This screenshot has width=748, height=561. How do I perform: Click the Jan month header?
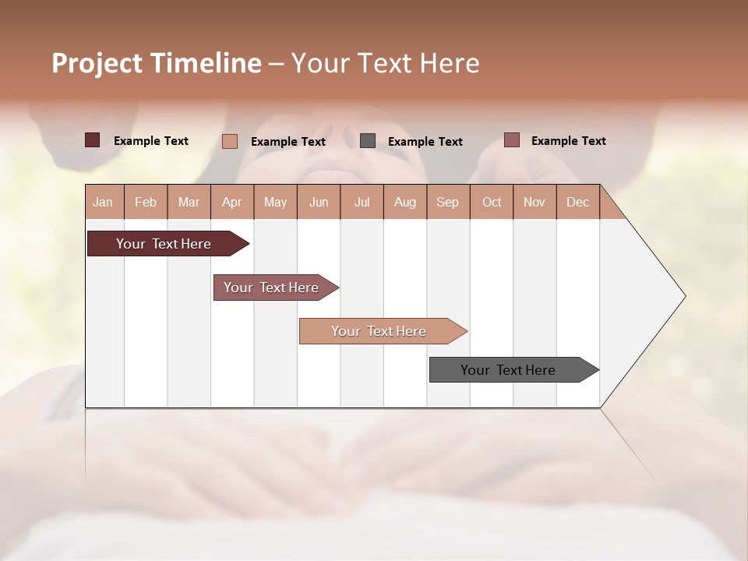pos(104,202)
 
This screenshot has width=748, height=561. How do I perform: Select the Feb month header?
pos(146,202)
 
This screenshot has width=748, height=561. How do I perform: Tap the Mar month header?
pos(189,202)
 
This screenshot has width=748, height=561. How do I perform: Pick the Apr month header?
pos(232,202)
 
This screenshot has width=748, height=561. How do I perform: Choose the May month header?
pos(275,202)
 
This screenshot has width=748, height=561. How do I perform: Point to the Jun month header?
pos(319,202)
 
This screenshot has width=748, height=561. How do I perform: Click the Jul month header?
pos(362,202)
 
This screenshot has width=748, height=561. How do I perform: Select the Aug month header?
pos(405,202)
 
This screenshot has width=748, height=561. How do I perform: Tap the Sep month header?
pos(448,202)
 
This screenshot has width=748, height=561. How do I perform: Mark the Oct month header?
pos(492,202)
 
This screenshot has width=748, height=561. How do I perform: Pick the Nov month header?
pos(535,202)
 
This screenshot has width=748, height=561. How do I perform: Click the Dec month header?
pos(578,202)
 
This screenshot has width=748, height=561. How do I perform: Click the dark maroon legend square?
pos(93,140)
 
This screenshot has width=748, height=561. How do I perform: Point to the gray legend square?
pos(368,141)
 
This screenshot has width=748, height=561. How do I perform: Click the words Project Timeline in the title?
pos(157,63)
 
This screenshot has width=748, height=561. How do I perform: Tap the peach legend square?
pos(230,141)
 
